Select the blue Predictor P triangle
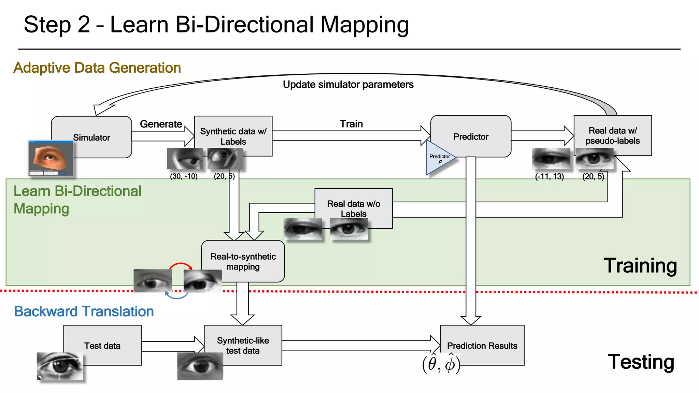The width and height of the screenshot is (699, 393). click(439, 159)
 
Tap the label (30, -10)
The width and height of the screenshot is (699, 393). click(184, 176)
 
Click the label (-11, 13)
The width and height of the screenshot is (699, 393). click(549, 176)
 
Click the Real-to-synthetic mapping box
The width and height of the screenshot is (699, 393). click(243, 261)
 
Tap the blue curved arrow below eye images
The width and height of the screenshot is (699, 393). click(176, 296)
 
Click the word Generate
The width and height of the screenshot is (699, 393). click(161, 124)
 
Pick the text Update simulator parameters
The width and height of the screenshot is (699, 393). click(348, 84)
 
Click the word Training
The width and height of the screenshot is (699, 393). click(640, 265)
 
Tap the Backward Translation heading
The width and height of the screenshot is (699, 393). click(84, 311)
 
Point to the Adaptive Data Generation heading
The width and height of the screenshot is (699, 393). click(97, 68)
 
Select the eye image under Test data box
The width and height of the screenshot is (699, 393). click(60, 366)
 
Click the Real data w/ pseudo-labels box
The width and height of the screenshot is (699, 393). click(612, 135)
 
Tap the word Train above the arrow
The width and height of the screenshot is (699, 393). click(351, 124)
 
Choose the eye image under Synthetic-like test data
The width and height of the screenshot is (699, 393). click(200, 366)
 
